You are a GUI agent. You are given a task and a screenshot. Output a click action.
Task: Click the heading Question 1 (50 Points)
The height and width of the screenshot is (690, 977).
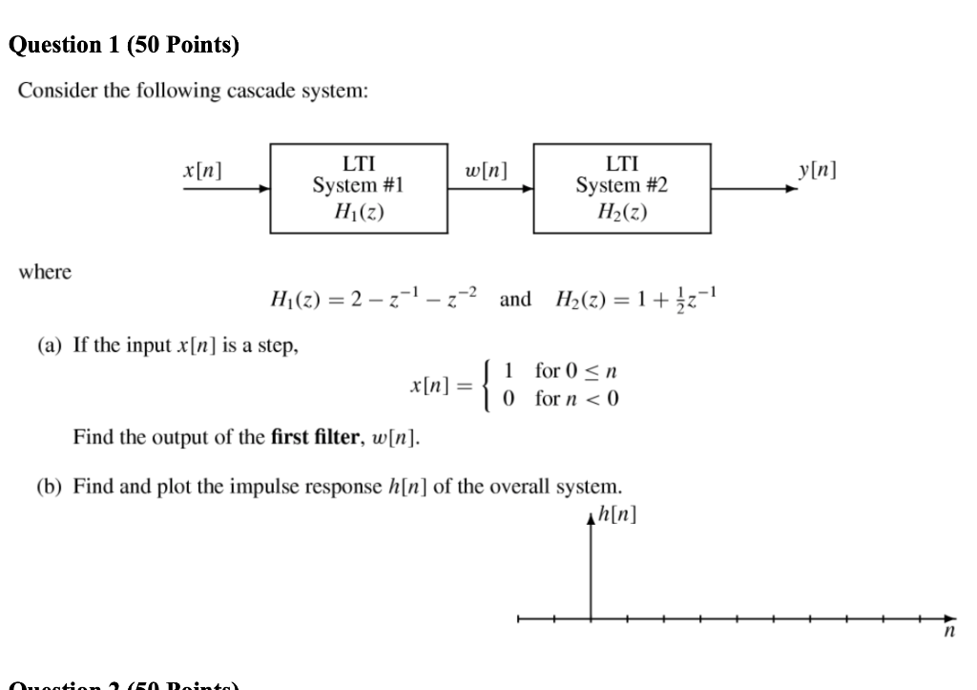(123, 45)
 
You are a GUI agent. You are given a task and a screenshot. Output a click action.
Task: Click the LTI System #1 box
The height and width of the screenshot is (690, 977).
(359, 188)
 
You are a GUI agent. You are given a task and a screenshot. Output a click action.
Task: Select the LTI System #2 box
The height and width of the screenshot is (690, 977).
(622, 188)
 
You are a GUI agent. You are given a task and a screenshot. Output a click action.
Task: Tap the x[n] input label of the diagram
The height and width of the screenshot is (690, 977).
(202, 171)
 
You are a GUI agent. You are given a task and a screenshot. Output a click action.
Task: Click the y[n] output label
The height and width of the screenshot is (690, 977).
(818, 171)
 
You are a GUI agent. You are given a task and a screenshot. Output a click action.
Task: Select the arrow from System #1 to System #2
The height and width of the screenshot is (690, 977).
(490, 189)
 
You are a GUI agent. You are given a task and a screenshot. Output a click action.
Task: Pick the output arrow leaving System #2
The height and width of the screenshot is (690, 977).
(754, 189)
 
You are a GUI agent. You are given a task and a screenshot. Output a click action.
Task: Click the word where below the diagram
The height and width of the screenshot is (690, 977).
(44, 273)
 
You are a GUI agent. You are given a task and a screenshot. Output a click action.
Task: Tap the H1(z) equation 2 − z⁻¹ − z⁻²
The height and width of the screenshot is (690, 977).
(373, 299)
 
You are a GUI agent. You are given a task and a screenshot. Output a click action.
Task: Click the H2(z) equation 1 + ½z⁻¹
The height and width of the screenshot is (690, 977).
(634, 299)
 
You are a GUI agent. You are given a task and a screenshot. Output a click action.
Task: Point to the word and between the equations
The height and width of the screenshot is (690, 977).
(515, 300)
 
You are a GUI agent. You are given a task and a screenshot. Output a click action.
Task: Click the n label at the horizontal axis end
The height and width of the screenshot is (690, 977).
(949, 633)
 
